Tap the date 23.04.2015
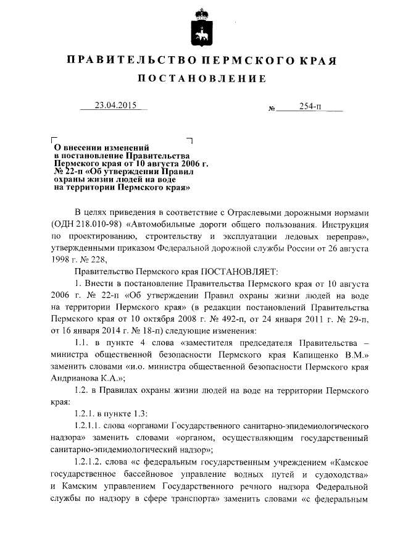pos(115,105)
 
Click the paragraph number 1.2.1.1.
pos(89,426)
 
